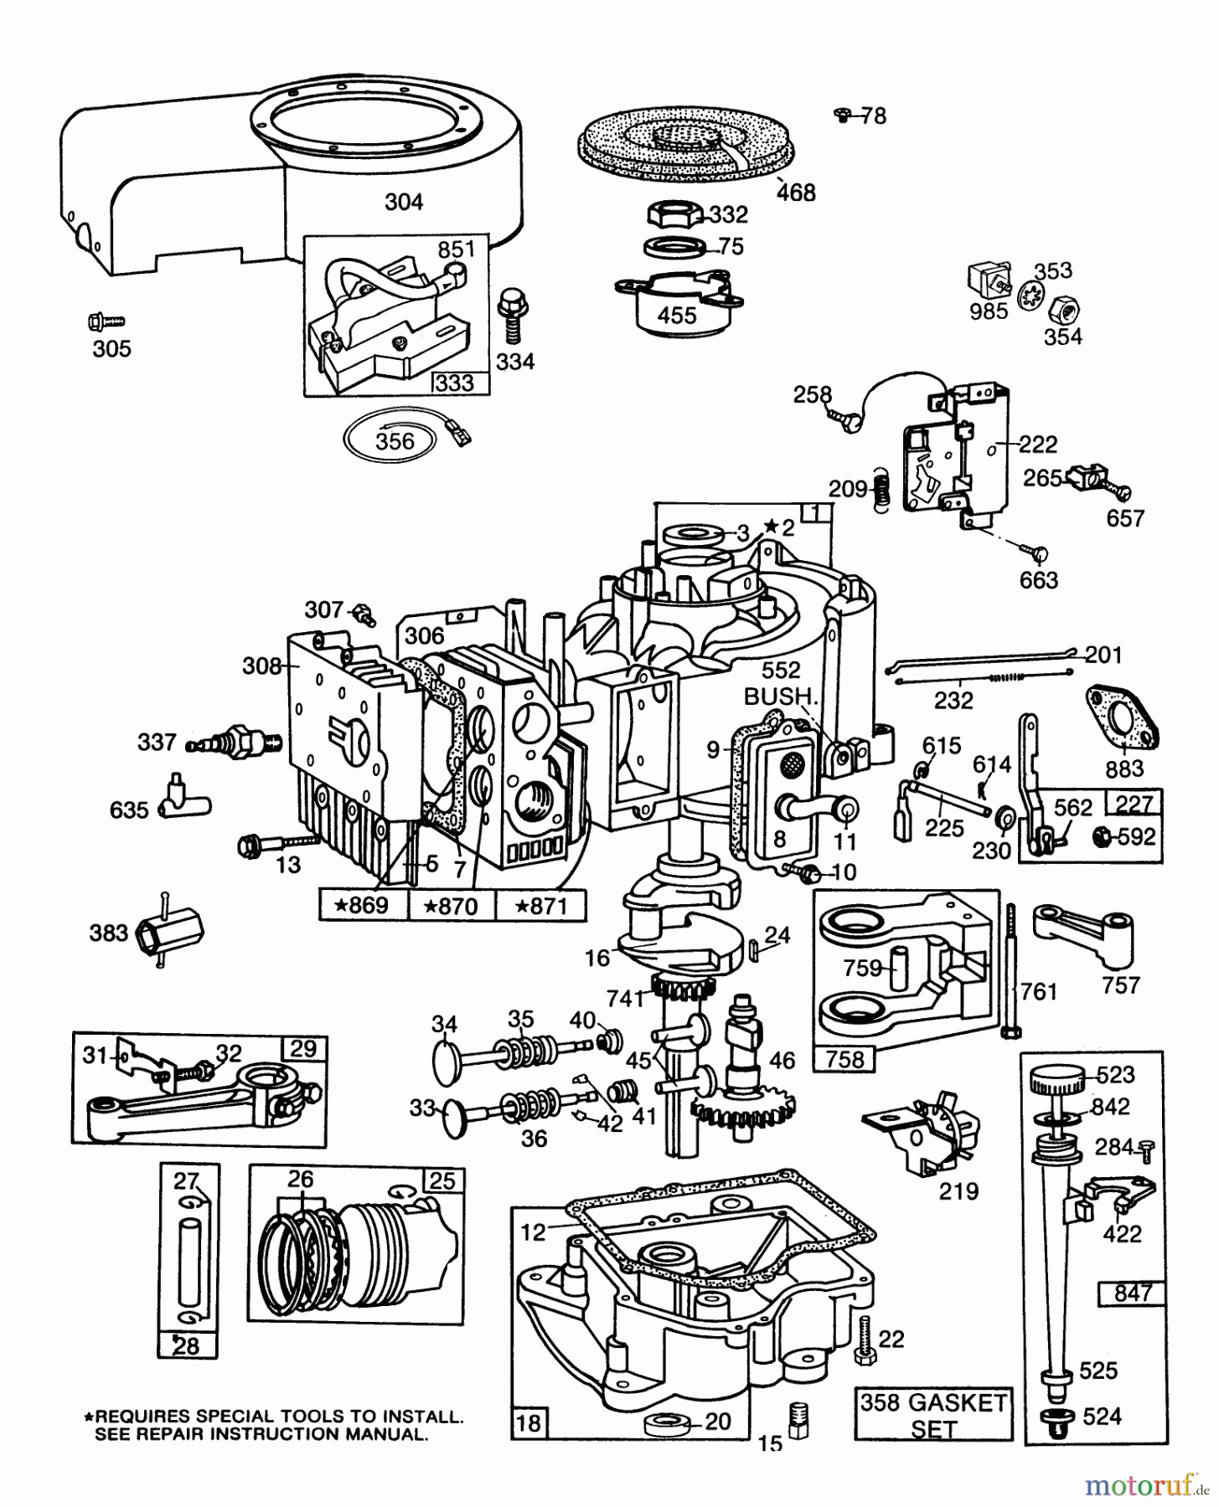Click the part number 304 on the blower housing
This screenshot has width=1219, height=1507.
click(404, 202)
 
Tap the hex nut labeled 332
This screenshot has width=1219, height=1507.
click(674, 214)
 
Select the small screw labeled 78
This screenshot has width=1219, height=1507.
click(843, 115)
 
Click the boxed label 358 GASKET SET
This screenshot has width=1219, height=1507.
click(934, 1414)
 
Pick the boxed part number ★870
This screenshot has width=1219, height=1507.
click(451, 906)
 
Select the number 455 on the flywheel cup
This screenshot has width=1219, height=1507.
click(677, 315)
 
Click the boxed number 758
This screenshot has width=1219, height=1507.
click(844, 1058)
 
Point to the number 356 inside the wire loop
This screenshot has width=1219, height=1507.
click(395, 440)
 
